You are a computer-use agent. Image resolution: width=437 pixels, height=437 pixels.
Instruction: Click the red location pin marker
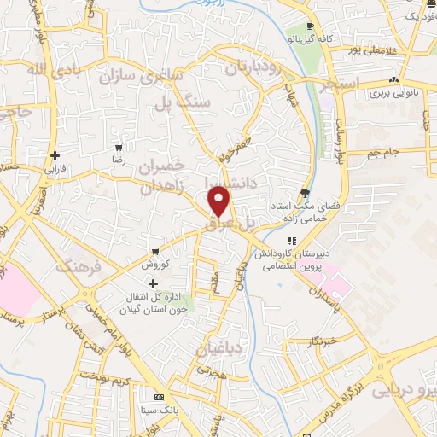pyautogui.click(x=220, y=202)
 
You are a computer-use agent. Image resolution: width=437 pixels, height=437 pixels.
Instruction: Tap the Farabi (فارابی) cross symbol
pyautogui.click(x=55, y=156)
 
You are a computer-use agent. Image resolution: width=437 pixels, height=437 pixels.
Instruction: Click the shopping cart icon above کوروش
pyautogui.click(x=154, y=252)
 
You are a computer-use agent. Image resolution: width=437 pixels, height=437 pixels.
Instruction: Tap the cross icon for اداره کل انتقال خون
pyautogui.click(x=154, y=283)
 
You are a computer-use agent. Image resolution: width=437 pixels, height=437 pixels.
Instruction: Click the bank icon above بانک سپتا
pyautogui.click(x=159, y=398)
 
